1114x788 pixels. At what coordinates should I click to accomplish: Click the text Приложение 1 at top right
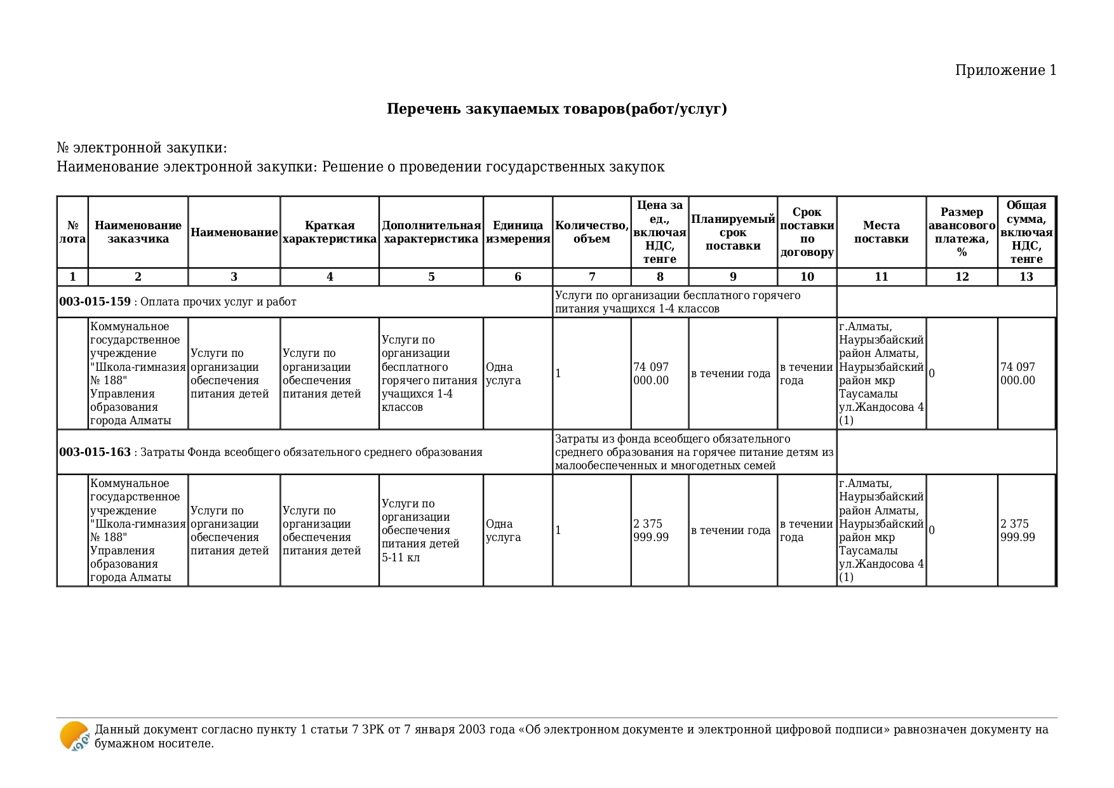pyautogui.click(x=1005, y=70)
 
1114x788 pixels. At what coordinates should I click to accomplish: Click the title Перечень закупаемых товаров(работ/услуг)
pyautogui.click(x=556, y=109)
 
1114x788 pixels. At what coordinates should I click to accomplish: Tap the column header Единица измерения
pyautogui.click(x=518, y=232)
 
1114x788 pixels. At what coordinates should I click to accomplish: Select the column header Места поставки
pyautogui.click(x=881, y=232)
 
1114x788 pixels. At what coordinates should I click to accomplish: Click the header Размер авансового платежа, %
pyautogui.click(x=962, y=232)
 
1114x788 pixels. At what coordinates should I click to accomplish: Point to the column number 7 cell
pyautogui.click(x=592, y=277)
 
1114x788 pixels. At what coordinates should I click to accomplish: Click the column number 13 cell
pyautogui.click(x=1026, y=277)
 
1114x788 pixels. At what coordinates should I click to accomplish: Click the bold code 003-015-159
pyautogui.click(x=95, y=302)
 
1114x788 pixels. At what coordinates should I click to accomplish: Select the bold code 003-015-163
pyautogui.click(x=95, y=452)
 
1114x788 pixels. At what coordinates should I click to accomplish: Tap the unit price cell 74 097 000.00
pyautogui.click(x=651, y=374)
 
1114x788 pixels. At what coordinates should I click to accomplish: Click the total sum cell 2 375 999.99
pyautogui.click(x=1017, y=531)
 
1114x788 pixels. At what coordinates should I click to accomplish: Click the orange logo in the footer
pyautogui.click(x=74, y=737)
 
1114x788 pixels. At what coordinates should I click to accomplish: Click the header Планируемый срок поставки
pyautogui.click(x=733, y=232)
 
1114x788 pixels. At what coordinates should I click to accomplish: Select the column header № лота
pyautogui.click(x=72, y=232)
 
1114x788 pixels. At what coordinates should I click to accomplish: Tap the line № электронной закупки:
pyautogui.click(x=142, y=148)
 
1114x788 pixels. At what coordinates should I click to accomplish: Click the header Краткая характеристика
pyautogui.click(x=329, y=232)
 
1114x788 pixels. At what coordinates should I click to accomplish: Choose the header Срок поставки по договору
pyautogui.click(x=807, y=232)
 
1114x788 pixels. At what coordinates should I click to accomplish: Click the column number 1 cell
pyautogui.click(x=72, y=277)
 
